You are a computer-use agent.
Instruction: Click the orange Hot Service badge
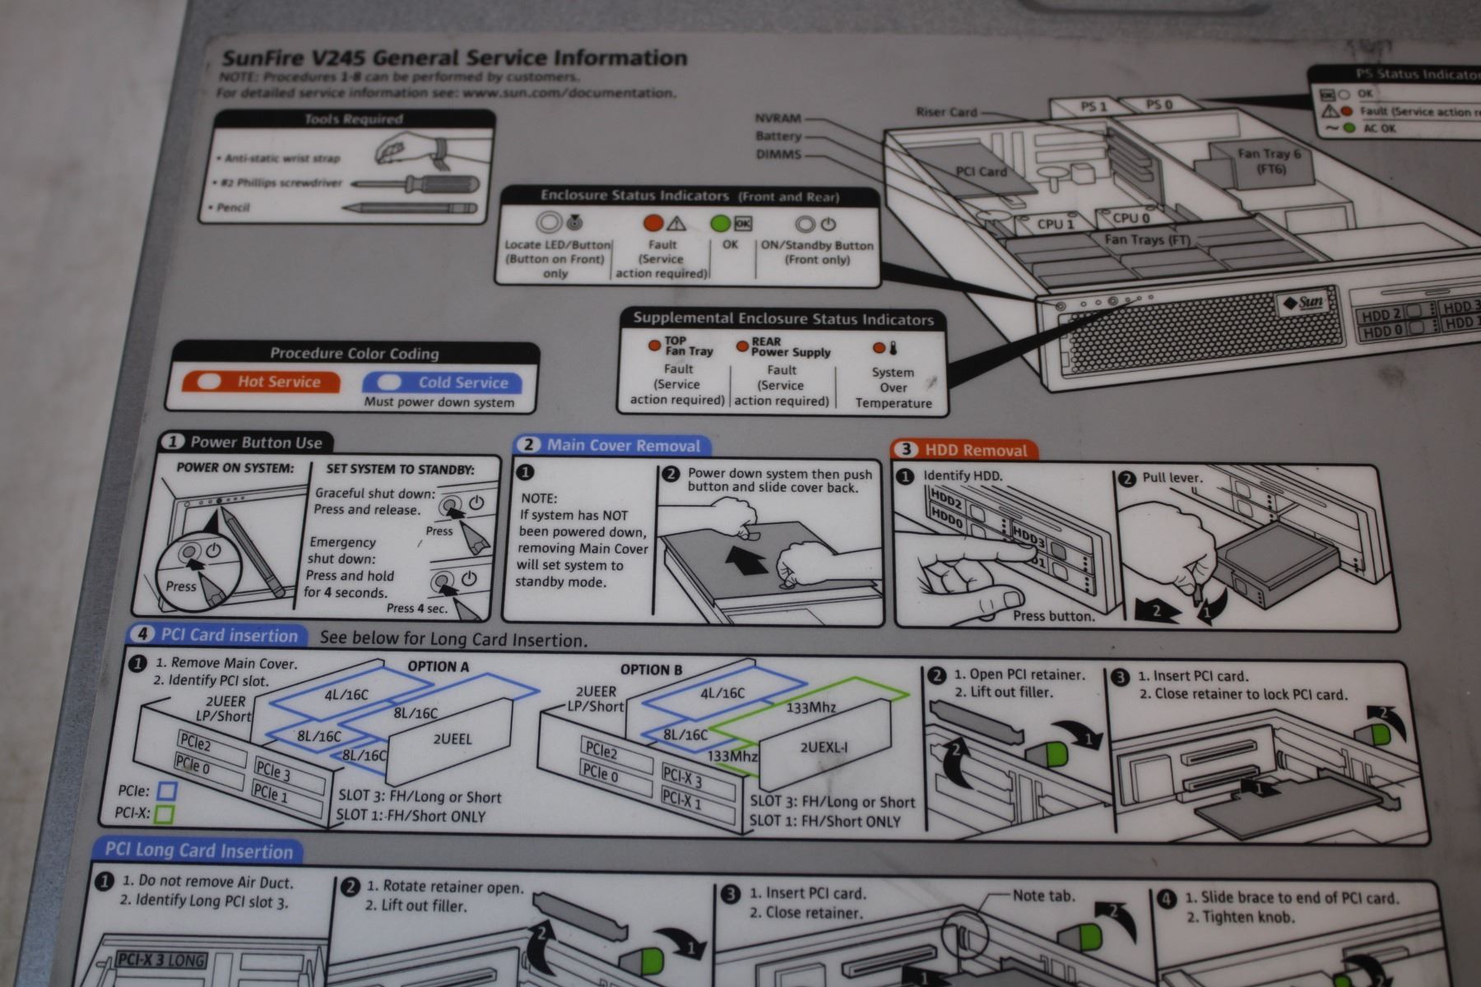click(261, 382)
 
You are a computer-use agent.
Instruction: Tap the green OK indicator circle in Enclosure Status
click(720, 223)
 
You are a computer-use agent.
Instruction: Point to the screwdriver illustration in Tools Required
click(416, 183)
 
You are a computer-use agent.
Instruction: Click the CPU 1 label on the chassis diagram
click(1055, 223)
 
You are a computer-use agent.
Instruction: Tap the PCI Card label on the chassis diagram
click(981, 172)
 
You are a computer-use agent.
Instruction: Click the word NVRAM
click(778, 118)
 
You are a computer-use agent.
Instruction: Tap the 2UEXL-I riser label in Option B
click(824, 748)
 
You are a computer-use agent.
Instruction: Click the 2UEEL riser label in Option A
click(453, 739)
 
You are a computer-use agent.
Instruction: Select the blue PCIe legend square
click(167, 791)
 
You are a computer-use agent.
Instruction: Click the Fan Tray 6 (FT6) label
click(1270, 160)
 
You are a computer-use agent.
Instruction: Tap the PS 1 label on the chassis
click(1093, 107)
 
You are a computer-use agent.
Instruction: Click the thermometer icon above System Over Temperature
click(893, 347)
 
